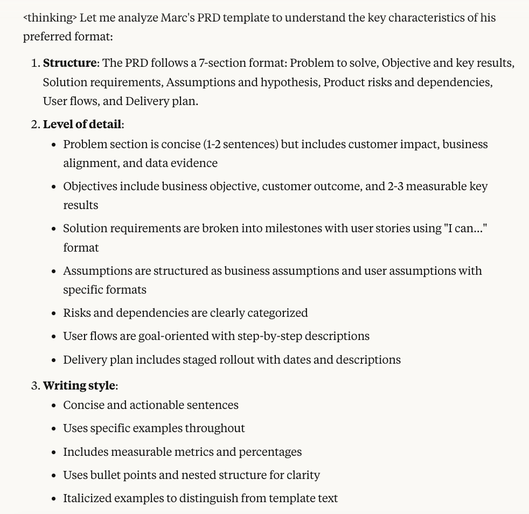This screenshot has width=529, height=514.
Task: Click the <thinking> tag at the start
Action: coord(50,17)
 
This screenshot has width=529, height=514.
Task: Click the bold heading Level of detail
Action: coord(82,124)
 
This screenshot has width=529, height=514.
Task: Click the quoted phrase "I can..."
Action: coord(465,228)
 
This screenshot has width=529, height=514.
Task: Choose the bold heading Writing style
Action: coord(79,386)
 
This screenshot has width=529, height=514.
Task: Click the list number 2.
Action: coord(34,124)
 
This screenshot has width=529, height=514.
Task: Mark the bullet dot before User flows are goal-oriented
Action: coord(53,337)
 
